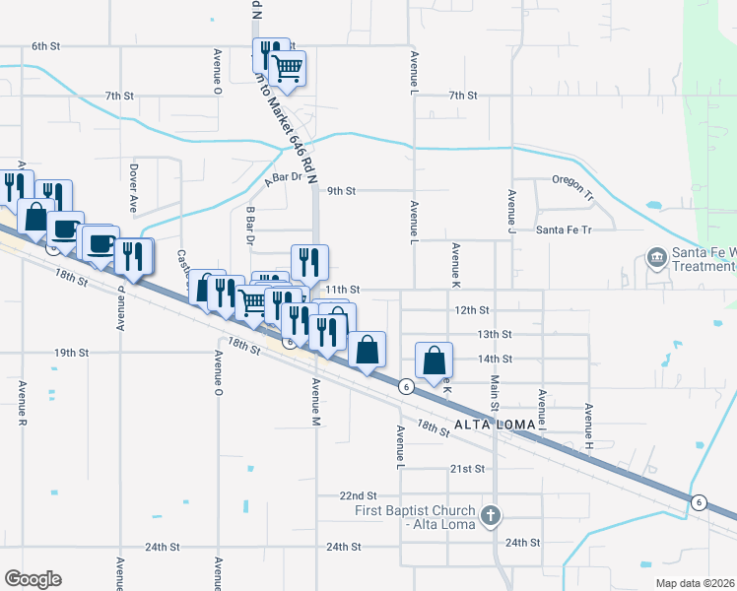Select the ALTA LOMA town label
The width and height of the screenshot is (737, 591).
point(496,425)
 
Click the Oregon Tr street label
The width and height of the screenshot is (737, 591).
point(574,181)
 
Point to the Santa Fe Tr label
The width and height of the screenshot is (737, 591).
point(563,230)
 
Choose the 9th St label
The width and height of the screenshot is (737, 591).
point(341,190)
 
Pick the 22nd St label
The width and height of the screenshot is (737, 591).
point(358,495)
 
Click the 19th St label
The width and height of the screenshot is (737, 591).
point(72,352)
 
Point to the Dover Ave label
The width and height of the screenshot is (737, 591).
point(133,189)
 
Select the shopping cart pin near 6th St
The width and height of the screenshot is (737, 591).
point(287,69)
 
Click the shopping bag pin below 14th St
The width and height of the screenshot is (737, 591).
point(434,361)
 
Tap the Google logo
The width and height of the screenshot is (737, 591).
point(33,579)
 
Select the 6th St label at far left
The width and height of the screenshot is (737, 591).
point(46,46)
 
